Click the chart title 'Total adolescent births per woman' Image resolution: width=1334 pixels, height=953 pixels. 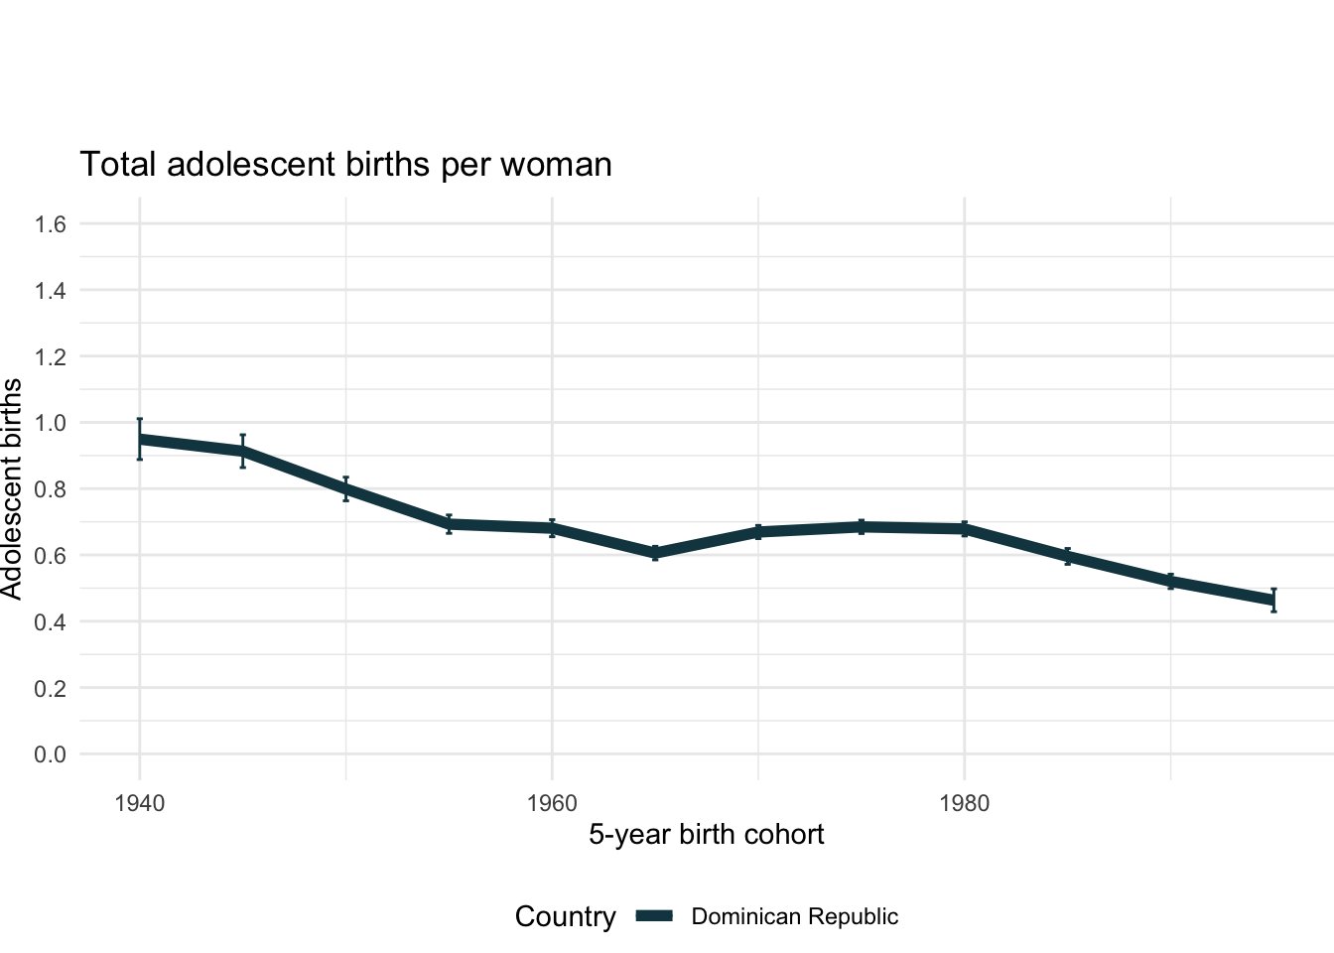point(345,164)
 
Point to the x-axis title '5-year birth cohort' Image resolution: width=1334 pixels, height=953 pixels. point(706,834)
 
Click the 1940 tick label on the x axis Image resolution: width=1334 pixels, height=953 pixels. point(139,803)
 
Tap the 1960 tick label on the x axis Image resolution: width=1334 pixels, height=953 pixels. point(552,803)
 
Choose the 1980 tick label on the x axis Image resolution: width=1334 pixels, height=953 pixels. point(965,803)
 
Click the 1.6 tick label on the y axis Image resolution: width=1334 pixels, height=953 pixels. point(50,224)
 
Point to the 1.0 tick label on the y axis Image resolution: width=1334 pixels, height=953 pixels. point(50,423)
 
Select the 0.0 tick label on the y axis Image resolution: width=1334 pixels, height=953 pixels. point(50,754)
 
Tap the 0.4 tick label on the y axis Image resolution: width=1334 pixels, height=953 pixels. point(50,622)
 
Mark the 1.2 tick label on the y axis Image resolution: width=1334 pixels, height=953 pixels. point(50,356)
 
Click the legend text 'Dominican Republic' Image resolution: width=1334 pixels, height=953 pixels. point(794,917)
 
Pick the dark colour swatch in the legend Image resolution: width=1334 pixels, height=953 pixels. point(655,916)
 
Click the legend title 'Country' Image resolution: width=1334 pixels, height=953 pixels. point(565,917)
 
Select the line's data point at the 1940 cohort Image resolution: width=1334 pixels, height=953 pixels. point(140,439)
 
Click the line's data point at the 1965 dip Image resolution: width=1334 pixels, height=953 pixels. point(655,553)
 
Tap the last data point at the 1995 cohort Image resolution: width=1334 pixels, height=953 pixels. point(1273,601)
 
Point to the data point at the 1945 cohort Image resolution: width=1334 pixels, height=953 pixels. point(242,452)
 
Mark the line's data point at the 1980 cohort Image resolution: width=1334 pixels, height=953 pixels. point(965,529)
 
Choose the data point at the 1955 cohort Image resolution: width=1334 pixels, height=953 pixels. point(449,524)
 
